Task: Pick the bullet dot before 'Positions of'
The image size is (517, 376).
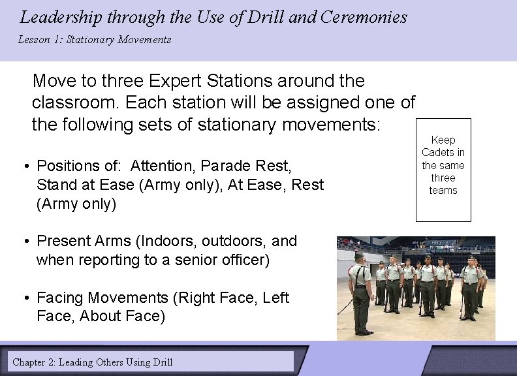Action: click(27, 166)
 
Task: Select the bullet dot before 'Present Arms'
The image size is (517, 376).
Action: click(27, 242)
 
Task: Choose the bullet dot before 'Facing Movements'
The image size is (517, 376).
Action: click(27, 298)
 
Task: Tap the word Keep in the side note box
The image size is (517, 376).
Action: click(443, 140)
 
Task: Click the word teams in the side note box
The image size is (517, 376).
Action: click(443, 191)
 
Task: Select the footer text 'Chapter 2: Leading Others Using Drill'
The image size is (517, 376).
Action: click(93, 362)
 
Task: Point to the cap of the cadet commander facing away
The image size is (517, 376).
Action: click(358, 256)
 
